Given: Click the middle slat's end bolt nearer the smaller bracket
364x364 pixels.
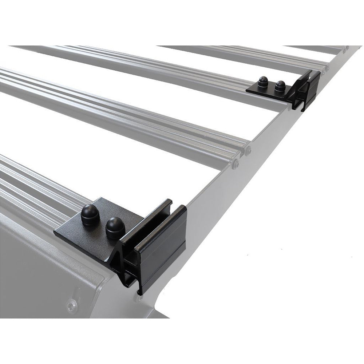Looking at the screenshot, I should pos(248,151).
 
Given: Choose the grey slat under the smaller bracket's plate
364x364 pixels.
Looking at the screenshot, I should pos(204,80).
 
